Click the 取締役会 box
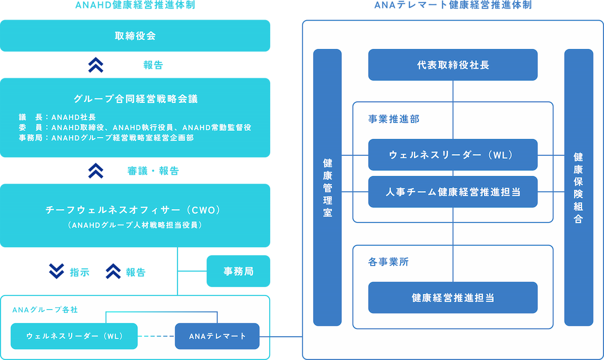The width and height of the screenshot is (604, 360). tap(135, 36)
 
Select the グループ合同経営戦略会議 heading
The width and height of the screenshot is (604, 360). tap(135, 98)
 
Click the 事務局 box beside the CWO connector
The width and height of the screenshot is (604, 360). tap(238, 272)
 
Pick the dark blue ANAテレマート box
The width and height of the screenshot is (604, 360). tap(217, 336)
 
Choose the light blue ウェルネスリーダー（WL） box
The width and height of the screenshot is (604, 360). tap(74, 336)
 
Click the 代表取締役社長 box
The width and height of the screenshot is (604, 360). tap(452, 65)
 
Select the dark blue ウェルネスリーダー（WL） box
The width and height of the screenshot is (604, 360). tap(452, 155)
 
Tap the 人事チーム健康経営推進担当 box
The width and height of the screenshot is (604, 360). tap(452, 192)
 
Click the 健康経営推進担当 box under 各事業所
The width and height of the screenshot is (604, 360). tap(452, 298)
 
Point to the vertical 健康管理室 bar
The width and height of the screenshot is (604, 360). tap(327, 187)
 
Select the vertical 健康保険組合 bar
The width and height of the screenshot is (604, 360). tap(578, 187)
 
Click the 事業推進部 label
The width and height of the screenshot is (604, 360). tap(394, 119)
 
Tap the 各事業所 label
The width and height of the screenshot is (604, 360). tap(388, 262)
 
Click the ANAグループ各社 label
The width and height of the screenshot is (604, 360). tap(45, 310)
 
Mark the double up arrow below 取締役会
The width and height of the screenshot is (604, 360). tap(96, 65)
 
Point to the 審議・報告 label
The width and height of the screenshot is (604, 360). tap(153, 171)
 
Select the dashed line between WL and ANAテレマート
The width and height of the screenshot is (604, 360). tap(156, 336)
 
